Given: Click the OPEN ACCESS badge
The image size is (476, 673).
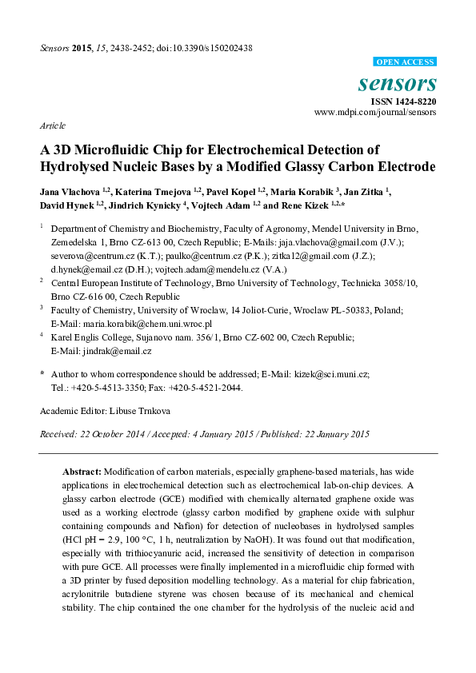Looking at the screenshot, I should [x=404, y=62].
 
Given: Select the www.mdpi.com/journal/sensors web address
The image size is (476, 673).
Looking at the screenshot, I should [x=375, y=113].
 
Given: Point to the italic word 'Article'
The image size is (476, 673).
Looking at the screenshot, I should [x=52, y=126].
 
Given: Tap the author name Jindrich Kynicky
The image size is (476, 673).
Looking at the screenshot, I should [x=149, y=205].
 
